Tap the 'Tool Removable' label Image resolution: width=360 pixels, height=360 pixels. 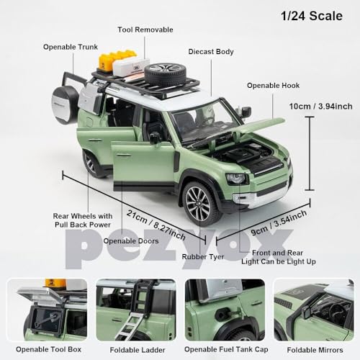click(145, 30)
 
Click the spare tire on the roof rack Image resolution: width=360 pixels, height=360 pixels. click(164, 73)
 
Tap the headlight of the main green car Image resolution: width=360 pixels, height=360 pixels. click(235, 178)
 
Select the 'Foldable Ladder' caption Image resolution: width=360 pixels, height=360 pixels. click(136, 348)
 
